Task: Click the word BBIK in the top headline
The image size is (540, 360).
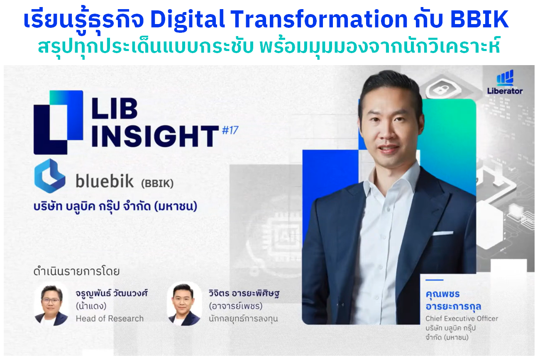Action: click(479, 19)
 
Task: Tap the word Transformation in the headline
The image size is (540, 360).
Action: click(319, 19)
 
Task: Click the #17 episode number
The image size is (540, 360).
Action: click(230, 130)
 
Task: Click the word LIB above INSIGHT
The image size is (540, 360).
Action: click(115, 108)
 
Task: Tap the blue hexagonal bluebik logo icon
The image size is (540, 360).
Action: click(50, 176)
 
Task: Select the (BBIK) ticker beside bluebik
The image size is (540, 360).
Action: click(157, 184)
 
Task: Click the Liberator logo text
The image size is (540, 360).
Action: click(505, 91)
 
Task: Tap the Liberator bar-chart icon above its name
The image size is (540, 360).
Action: click(505, 78)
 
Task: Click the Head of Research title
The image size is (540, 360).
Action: click(110, 319)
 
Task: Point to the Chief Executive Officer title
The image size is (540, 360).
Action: click(462, 319)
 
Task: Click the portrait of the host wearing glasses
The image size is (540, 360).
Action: click(51, 304)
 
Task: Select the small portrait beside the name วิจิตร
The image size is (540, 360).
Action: click(184, 304)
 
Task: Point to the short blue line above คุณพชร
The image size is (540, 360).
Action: click(435, 280)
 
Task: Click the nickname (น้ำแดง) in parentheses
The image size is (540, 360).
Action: click(91, 306)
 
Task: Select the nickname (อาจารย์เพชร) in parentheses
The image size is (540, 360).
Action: click(235, 306)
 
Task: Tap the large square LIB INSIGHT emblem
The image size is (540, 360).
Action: click(59, 122)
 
